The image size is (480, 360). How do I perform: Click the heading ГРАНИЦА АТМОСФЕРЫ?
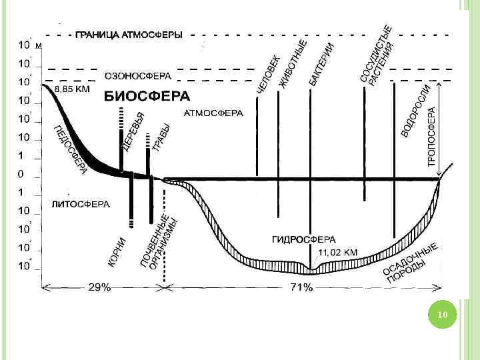point(129,35)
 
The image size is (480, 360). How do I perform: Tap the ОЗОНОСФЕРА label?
point(138,75)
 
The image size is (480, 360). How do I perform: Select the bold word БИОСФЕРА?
point(146,96)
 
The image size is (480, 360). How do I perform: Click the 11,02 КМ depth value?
point(338,253)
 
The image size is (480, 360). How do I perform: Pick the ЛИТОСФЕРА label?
point(80,204)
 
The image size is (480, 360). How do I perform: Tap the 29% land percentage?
point(101,287)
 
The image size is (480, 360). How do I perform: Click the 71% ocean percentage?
point(301,287)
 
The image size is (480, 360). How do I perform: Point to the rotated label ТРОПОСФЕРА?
point(431,137)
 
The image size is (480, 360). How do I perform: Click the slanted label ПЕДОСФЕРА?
point(69,150)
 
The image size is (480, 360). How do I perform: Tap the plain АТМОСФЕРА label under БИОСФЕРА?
point(213,113)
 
